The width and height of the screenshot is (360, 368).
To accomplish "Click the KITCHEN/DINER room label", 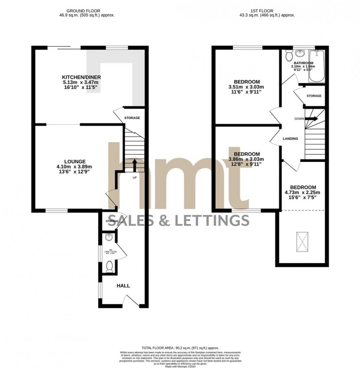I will (x=81, y=77).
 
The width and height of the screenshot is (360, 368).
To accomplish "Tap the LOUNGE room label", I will (x=75, y=161).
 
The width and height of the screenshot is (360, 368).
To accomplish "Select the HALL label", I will (x=123, y=286).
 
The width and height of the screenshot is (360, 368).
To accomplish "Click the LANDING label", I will (x=291, y=139).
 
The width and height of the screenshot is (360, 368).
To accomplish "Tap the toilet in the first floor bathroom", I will (x=288, y=56).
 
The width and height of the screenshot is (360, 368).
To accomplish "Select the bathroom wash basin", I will (x=301, y=54).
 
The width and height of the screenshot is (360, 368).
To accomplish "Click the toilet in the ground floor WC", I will (x=109, y=266).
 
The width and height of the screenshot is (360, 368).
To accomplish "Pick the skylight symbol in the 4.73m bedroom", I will (x=301, y=241).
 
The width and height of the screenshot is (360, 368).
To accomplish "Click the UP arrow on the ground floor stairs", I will (x=135, y=164).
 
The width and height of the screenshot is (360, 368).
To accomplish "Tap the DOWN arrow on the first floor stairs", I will (x=312, y=119).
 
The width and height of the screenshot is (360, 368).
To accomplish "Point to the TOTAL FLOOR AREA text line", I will (x=180, y=347).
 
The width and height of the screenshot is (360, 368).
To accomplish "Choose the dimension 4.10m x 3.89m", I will (x=75, y=167).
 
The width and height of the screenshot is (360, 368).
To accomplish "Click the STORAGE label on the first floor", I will (x=314, y=96).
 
